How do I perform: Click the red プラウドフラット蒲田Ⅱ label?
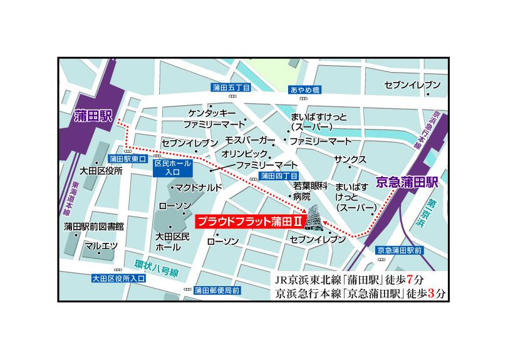click(x=249, y=222)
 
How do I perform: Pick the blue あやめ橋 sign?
click(x=305, y=90)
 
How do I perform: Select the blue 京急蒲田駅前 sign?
click(x=400, y=250)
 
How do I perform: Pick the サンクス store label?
click(x=350, y=159)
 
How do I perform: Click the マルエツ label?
click(x=101, y=245)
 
